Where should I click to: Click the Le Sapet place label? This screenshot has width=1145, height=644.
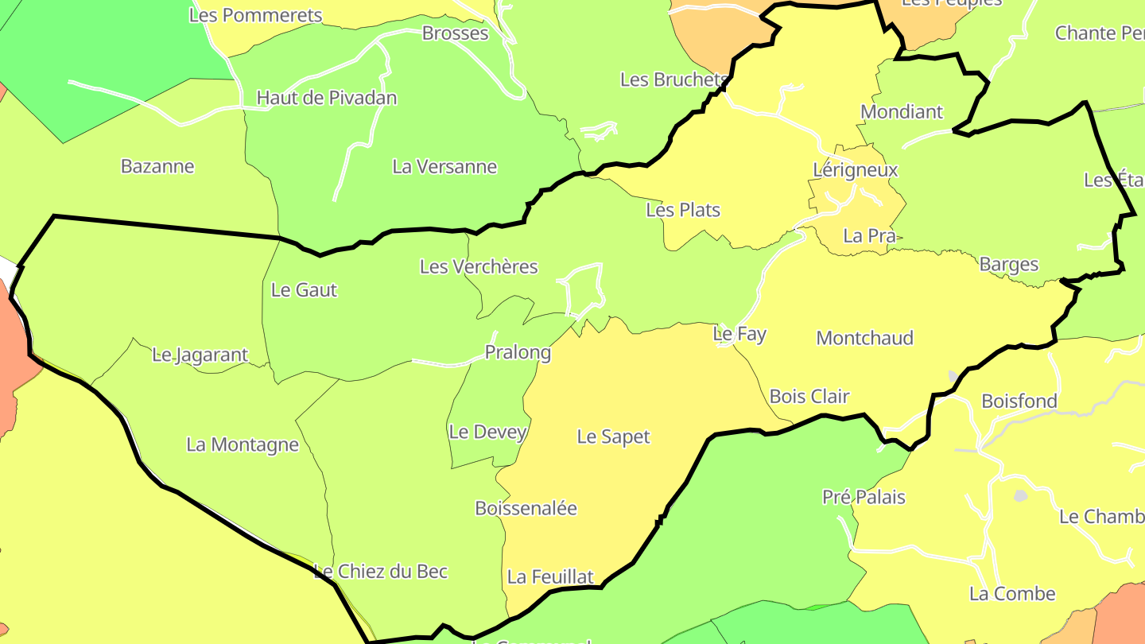tap(613, 436)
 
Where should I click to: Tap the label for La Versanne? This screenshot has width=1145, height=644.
tap(444, 167)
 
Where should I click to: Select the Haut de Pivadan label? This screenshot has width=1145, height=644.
tap(326, 98)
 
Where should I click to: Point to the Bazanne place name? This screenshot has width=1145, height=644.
tap(157, 167)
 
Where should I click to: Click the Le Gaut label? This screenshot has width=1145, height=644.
tap(304, 290)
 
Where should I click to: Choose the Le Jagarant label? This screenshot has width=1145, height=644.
tap(200, 355)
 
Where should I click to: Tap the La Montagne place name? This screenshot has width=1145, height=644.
tap(243, 444)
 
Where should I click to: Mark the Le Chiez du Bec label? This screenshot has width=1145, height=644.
tap(381, 572)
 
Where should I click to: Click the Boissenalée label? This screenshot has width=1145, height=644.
tap(526, 508)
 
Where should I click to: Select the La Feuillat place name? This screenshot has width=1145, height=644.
tap(550, 576)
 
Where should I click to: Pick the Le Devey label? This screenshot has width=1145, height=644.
tap(487, 432)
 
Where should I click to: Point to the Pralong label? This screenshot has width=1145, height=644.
tap(518, 352)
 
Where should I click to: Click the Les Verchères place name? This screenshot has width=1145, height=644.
tap(479, 266)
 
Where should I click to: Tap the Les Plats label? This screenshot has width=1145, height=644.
tap(683, 210)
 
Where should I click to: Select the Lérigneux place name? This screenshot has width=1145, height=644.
tap(856, 170)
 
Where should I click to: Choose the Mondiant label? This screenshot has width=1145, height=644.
tap(902, 112)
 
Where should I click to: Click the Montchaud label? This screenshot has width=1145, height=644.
tap(864, 338)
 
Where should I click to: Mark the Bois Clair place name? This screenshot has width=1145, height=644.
tap(809, 396)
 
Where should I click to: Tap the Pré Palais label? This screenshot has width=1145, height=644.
tap(864, 498)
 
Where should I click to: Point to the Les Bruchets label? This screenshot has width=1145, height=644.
tap(673, 80)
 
